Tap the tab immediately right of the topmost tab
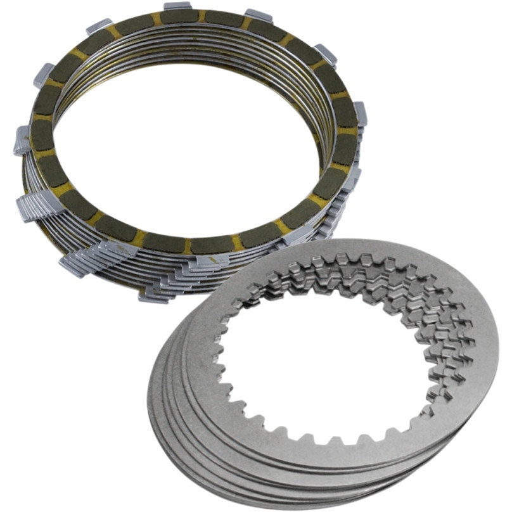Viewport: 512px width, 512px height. point(260,15)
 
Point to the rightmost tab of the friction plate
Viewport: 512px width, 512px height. point(360,111)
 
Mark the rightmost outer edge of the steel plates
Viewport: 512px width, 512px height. point(497,355)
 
